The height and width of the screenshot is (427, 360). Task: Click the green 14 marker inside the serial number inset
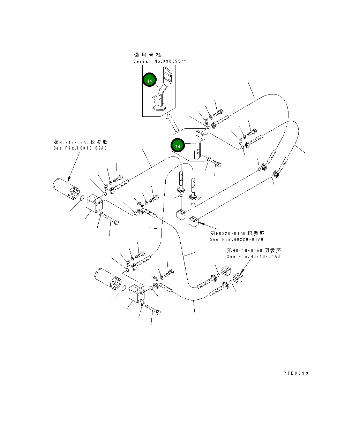click(x=149, y=81)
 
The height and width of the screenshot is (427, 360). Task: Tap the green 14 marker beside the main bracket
click(x=178, y=146)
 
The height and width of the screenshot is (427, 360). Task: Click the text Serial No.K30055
click(x=160, y=61)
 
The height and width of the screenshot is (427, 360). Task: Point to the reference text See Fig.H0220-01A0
click(x=237, y=239)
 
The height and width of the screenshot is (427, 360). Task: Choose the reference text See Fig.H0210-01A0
click(x=253, y=257)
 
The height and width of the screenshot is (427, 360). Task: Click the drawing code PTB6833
click(x=296, y=373)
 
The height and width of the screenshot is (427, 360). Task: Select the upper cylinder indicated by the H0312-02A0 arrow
click(x=67, y=190)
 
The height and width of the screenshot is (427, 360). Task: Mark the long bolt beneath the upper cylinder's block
click(x=111, y=219)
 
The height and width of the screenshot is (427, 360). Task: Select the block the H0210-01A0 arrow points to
click(x=239, y=277)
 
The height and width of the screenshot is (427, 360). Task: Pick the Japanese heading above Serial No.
click(x=148, y=55)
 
